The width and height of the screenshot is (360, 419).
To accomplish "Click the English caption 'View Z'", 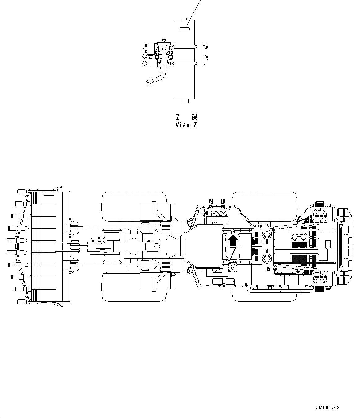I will [x=186, y=125].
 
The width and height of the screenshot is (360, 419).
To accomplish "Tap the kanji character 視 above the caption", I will [x=194, y=117].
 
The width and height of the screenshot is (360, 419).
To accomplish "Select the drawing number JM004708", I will [x=327, y=408].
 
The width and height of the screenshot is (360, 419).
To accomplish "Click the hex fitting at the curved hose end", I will [x=149, y=82].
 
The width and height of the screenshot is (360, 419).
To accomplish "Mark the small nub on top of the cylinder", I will [x=185, y=19].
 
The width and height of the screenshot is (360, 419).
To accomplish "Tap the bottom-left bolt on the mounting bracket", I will [x=144, y=63].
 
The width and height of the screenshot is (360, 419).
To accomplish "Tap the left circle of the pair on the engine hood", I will [x=294, y=237].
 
